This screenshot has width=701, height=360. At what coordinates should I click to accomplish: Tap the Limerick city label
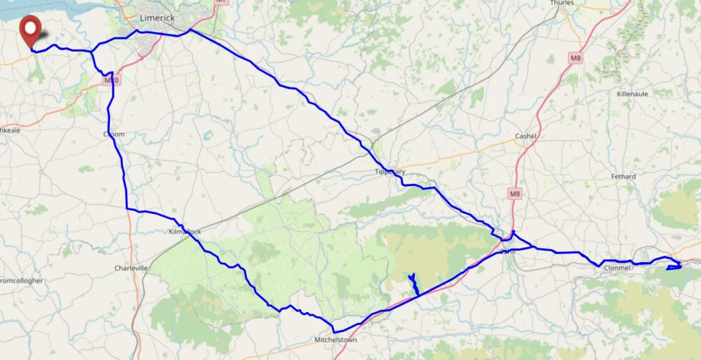pyautogui.click(x=158, y=17)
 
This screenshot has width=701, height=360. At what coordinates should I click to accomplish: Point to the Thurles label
pyautogui.click(x=562, y=3)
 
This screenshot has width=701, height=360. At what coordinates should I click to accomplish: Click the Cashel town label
pyautogui.click(x=526, y=136)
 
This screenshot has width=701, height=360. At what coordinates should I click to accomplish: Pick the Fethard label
pyautogui.click(x=623, y=176)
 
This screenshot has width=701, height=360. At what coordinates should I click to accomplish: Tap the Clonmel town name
pyautogui.click(x=617, y=268)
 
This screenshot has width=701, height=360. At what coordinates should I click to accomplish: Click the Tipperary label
pyautogui.click(x=391, y=172)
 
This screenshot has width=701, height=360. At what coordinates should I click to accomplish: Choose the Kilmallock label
pyautogui.click(x=184, y=233)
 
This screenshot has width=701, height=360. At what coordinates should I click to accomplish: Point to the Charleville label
pyautogui.click(x=131, y=268)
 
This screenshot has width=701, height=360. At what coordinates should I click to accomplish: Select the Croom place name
pyautogui.click(x=114, y=134)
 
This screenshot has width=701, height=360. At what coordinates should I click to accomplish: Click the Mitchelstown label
pyautogui.click(x=335, y=340)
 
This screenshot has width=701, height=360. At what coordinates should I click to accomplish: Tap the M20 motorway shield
pyautogui.click(x=110, y=80)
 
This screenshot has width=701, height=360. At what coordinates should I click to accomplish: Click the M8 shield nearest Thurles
pyautogui.click(x=576, y=58)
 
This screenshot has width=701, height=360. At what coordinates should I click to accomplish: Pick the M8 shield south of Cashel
pyautogui.click(x=515, y=193)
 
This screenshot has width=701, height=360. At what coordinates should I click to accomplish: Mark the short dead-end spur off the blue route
pyautogui.click(x=413, y=284)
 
